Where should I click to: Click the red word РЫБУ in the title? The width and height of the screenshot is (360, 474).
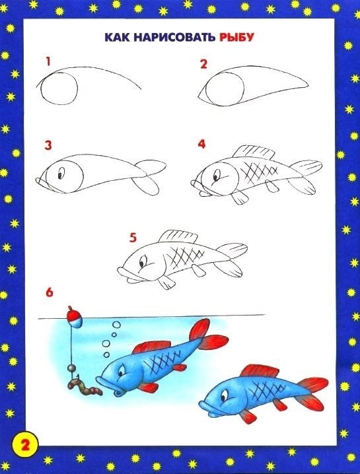point(236,38)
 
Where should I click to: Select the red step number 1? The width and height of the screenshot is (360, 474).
point(48,61)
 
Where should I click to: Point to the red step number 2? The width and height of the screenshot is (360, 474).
point(203,64)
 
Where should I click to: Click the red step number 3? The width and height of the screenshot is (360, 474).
point(48,145)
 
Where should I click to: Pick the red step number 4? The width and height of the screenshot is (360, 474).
point(201,144)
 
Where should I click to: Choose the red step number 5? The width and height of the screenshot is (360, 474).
point(133,238)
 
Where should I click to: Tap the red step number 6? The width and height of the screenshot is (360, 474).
point(50,292)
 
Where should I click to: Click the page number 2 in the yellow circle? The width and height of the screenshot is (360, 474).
point(25,445)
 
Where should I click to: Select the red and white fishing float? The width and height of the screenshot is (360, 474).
point(74,316)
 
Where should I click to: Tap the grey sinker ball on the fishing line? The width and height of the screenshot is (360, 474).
point(72,368)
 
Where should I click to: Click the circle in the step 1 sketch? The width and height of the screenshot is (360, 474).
point(59,88)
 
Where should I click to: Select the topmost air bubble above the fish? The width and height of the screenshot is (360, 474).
point(116,325)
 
